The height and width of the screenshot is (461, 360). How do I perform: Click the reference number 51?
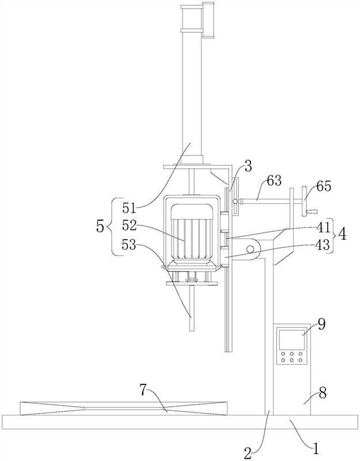(x=129, y=208)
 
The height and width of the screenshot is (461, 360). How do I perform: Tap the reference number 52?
(x=129, y=226)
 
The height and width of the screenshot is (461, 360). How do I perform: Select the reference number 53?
(x=129, y=244)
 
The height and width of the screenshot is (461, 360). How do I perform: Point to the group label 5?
(x=100, y=227)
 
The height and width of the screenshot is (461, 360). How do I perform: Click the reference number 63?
(x=274, y=180)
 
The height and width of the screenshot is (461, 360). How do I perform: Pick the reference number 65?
(x=324, y=186)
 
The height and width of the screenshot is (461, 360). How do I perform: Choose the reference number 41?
(x=324, y=226)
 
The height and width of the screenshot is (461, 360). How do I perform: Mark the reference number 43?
(x=323, y=244)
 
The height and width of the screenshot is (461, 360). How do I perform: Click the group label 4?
(x=342, y=235)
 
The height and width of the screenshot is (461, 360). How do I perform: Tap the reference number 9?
(x=321, y=324)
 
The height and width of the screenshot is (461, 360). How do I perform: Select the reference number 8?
(x=323, y=393)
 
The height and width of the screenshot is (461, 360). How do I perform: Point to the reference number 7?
(x=143, y=390)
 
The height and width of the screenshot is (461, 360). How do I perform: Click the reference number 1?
(x=316, y=449)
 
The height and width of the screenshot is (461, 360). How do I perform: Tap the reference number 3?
(x=248, y=167)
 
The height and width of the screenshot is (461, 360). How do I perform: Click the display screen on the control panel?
(x=291, y=339)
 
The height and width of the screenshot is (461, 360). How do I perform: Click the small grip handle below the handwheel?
(x=312, y=211)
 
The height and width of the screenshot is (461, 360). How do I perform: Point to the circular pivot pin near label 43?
(x=251, y=249)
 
